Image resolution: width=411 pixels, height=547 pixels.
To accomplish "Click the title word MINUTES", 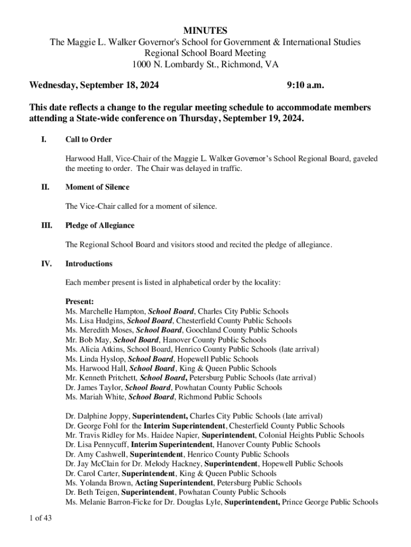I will (x=205, y=30).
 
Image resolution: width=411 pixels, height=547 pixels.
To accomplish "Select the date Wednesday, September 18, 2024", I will (x=94, y=85).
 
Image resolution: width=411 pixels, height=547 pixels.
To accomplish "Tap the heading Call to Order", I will (x=89, y=139).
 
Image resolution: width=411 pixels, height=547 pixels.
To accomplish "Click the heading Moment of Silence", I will (x=97, y=187).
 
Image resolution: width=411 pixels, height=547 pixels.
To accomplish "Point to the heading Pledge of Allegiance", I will (x=100, y=225).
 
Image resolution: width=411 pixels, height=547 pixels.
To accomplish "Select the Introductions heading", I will (x=89, y=263).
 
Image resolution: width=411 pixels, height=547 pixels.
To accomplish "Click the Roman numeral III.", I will (x=46, y=225).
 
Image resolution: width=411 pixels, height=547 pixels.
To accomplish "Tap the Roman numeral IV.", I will (x=46, y=263).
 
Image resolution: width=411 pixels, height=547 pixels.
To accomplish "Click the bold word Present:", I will (x=80, y=301).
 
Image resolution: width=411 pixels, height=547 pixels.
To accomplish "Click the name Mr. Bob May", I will (x=88, y=340).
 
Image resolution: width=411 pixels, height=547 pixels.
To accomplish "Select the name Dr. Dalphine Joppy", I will (x=97, y=416).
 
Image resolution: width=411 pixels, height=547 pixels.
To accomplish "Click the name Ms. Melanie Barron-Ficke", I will (x=110, y=502).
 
